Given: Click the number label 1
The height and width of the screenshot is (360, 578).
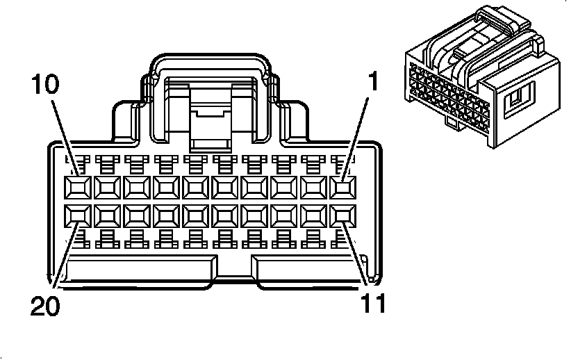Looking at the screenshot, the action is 373,83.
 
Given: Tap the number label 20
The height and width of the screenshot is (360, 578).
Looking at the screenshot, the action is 45,306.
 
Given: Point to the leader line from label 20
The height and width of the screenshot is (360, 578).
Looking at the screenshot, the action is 63,257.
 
